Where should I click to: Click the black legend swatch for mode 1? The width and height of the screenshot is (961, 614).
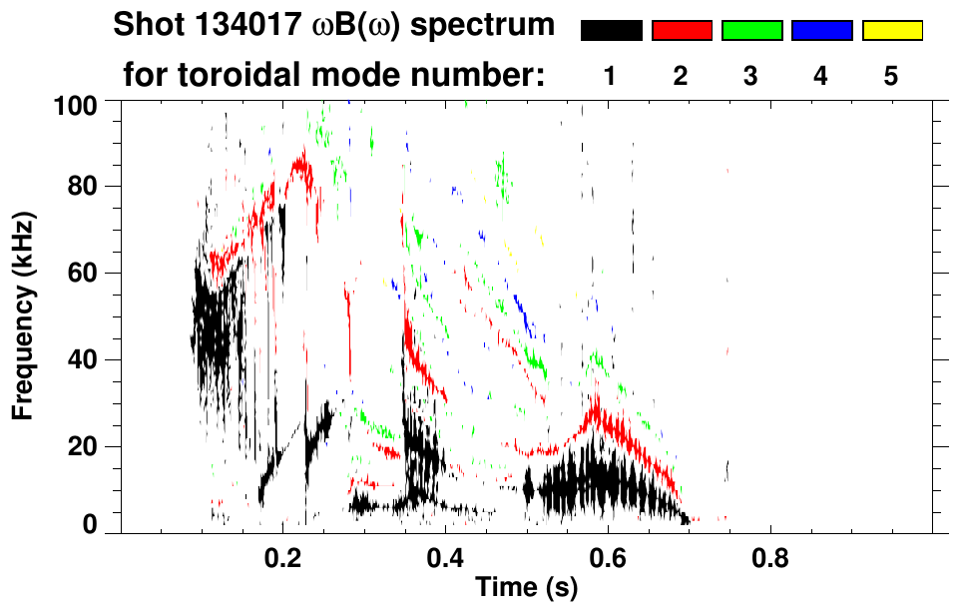coord(612,31)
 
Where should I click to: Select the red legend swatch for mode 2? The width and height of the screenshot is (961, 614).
coord(682,31)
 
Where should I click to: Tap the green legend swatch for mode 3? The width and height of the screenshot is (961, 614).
coord(751,31)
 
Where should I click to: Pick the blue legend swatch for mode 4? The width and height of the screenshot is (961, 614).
coord(821,31)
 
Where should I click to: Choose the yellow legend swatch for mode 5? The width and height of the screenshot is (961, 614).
coord(891,31)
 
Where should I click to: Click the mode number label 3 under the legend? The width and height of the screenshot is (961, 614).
coord(751,76)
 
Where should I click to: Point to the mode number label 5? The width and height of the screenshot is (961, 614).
coord(891,76)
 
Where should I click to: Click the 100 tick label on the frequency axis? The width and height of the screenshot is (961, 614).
coord(76,104)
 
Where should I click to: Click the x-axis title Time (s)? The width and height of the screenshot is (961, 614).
coord(526,588)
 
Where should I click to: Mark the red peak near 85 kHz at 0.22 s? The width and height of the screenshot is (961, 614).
coord(300,162)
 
